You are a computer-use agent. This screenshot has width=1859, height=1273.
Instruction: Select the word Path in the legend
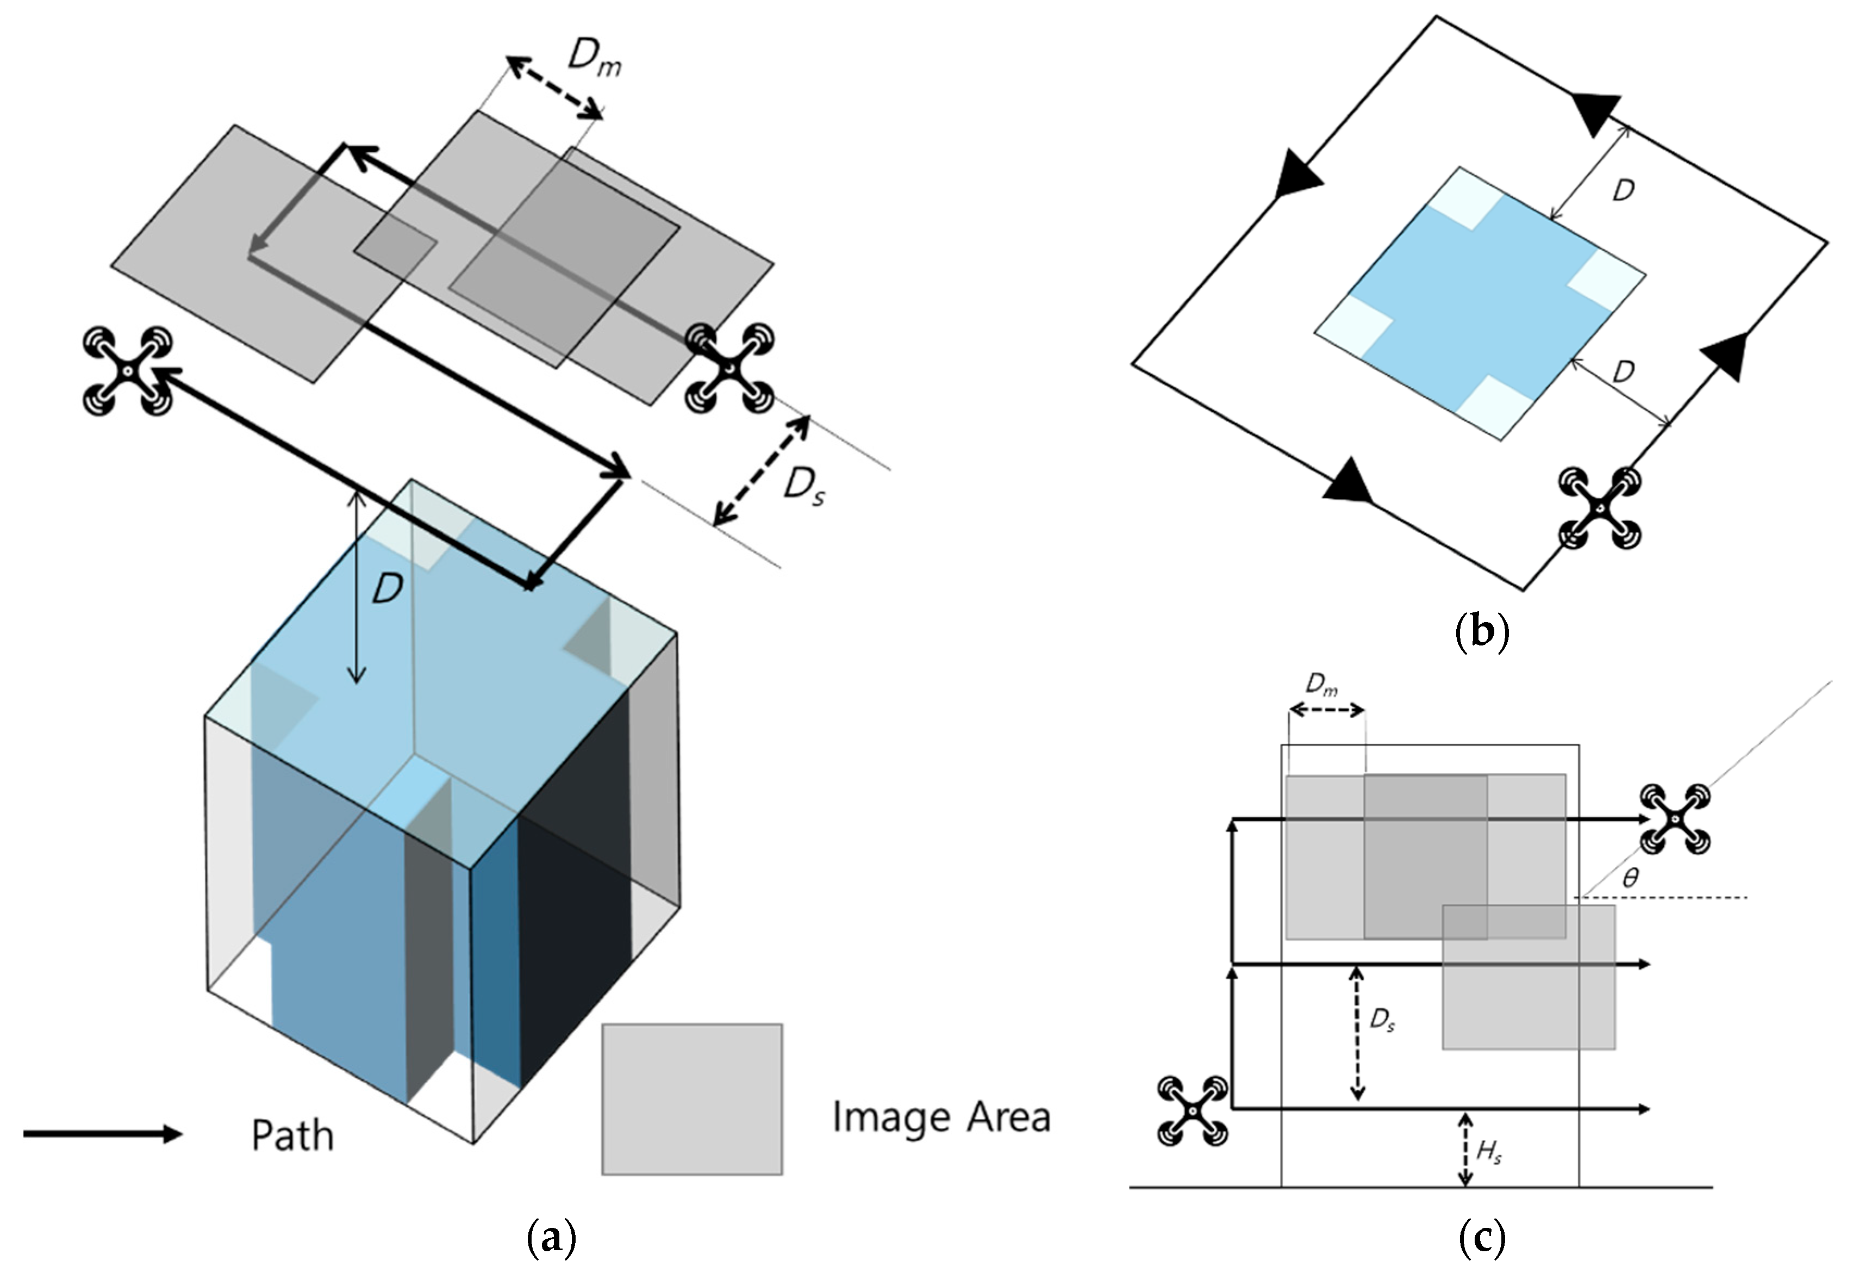tap(292, 1136)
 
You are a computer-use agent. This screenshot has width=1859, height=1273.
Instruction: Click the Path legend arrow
tap(102, 1134)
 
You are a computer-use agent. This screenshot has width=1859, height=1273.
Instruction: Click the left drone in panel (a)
tap(128, 370)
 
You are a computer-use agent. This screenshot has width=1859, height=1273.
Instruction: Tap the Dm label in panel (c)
tap(1321, 685)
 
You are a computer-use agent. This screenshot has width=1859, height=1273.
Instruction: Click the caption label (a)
tap(551, 1239)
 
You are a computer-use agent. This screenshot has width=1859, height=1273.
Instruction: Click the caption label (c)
tap(1481, 1239)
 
